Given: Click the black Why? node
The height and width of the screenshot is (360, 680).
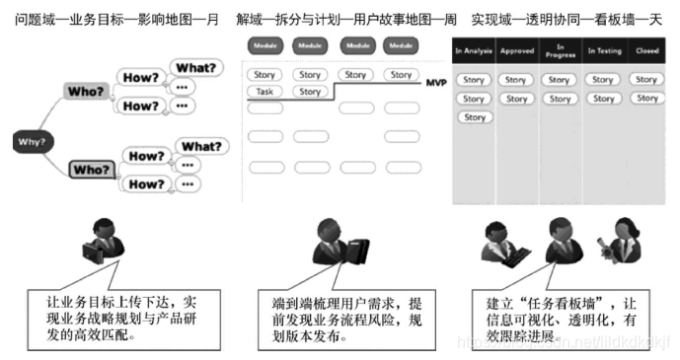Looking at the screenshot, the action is [31, 141].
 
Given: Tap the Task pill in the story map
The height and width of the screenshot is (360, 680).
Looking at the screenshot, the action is [264, 92].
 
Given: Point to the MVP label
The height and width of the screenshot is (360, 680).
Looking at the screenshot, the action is [437, 85].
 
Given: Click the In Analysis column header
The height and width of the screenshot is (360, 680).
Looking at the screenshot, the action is [474, 50].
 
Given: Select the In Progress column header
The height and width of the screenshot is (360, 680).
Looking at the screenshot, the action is [560, 50].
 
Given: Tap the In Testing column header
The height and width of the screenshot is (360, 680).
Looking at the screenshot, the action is [604, 50].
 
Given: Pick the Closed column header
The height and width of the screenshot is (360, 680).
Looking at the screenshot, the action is [646, 50].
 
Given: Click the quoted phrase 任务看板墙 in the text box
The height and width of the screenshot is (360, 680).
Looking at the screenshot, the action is [548, 300].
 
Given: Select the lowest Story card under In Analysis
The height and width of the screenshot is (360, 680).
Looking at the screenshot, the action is [474, 117].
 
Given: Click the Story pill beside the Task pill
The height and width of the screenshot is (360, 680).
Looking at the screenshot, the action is [310, 92].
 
